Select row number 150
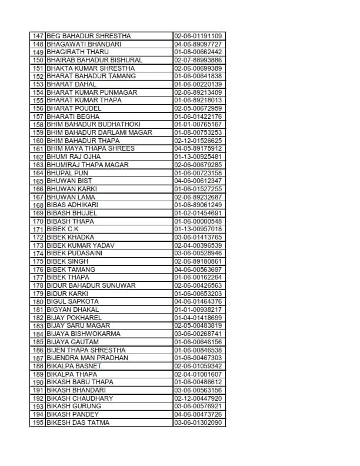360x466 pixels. point(38,60)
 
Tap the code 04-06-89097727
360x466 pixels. point(198,44)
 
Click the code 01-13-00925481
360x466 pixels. point(198,157)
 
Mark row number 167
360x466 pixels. point(38,197)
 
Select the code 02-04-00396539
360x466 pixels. point(198,245)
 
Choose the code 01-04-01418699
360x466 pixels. point(198,318)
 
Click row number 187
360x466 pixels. point(38,358)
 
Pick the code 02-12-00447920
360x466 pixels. point(198,398)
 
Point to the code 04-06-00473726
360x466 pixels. point(198,414)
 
